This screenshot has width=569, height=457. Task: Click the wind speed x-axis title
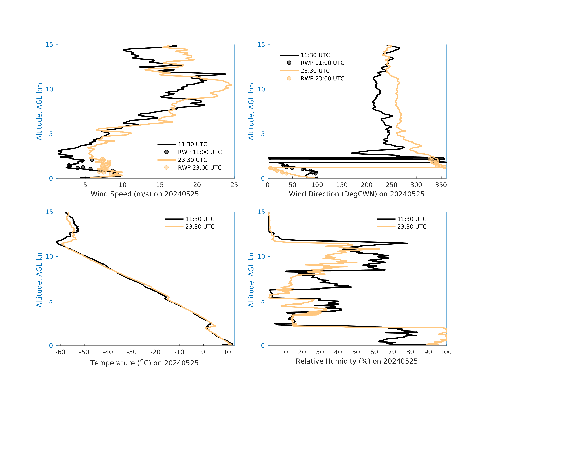(145, 194)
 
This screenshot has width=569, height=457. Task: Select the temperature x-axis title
(144, 363)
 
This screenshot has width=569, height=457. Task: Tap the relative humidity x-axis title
(357, 361)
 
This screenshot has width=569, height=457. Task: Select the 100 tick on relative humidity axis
(446, 352)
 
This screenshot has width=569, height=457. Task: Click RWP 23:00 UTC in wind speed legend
(199, 168)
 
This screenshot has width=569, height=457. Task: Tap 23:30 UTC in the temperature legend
(200, 227)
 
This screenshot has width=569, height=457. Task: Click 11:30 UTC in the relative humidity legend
(412, 219)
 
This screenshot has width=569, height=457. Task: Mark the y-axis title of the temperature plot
(39, 279)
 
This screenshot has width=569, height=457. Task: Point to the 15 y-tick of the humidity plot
(261, 212)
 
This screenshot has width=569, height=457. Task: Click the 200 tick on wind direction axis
(367, 185)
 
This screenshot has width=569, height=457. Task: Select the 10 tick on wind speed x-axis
(122, 185)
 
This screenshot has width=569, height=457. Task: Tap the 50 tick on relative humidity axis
(356, 352)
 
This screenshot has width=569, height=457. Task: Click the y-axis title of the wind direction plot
(251, 112)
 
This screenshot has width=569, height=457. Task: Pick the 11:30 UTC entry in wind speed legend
(192, 144)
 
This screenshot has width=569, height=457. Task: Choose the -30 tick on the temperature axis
(132, 352)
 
